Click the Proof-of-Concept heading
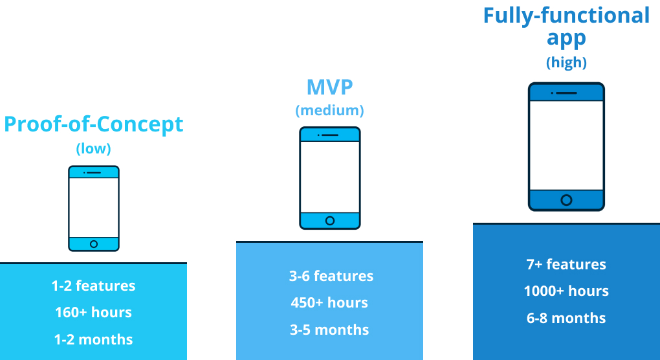pyautogui.click(x=93, y=124)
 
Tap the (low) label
pyautogui.click(x=93, y=149)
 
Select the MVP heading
pyautogui.click(x=329, y=87)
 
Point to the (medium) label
pyautogui.click(x=329, y=110)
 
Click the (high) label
pyautogui.click(x=566, y=62)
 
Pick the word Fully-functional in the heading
pyautogui.click(x=567, y=16)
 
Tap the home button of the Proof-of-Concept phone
pyautogui.click(x=94, y=244)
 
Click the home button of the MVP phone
pyautogui.click(x=330, y=221)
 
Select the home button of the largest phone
pyautogui.click(x=567, y=200)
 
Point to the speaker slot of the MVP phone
pyautogui.click(x=330, y=135)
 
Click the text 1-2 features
pyautogui.click(x=93, y=286)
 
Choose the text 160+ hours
pyautogui.click(x=93, y=313)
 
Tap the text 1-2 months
pyautogui.click(x=93, y=339)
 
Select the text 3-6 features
pyautogui.click(x=331, y=276)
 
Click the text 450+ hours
pyautogui.click(x=329, y=303)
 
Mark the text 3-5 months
pyautogui.click(x=329, y=330)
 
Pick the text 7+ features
pyautogui.click(x=566, y=264)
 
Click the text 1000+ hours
pyautogui.click(x=566, y=291)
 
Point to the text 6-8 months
pyautogui.click(x=566, y=318)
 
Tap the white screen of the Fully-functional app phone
pyautogui.click(x=567, y=145)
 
